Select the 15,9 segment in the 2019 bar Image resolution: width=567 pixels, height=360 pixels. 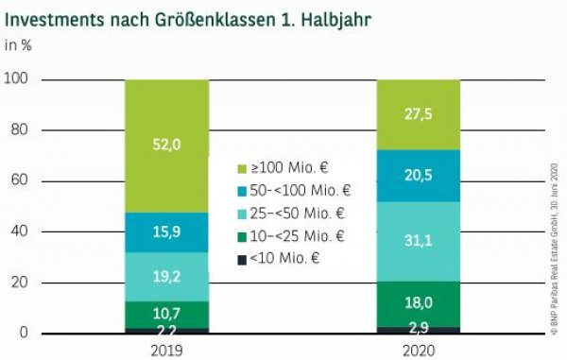166,232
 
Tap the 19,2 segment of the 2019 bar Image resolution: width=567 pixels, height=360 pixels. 166,277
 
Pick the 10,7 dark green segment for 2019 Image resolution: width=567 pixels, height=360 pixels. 166,314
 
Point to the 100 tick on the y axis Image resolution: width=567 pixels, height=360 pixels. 18,80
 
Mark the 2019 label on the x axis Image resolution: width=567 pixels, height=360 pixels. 166,349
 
